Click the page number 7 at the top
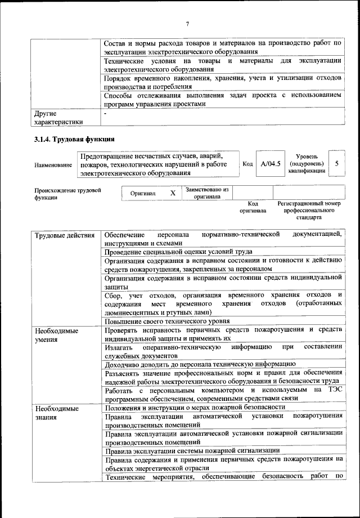[187, 24]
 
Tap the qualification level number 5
[336, 163]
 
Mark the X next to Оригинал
[173, 193]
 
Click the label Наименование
[53, 164]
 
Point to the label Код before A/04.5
[247, 164]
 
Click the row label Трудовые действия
[64, 234]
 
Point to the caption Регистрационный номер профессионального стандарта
[309, 210]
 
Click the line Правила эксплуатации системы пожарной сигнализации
[192, 450]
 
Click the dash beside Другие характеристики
[106, 113]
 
